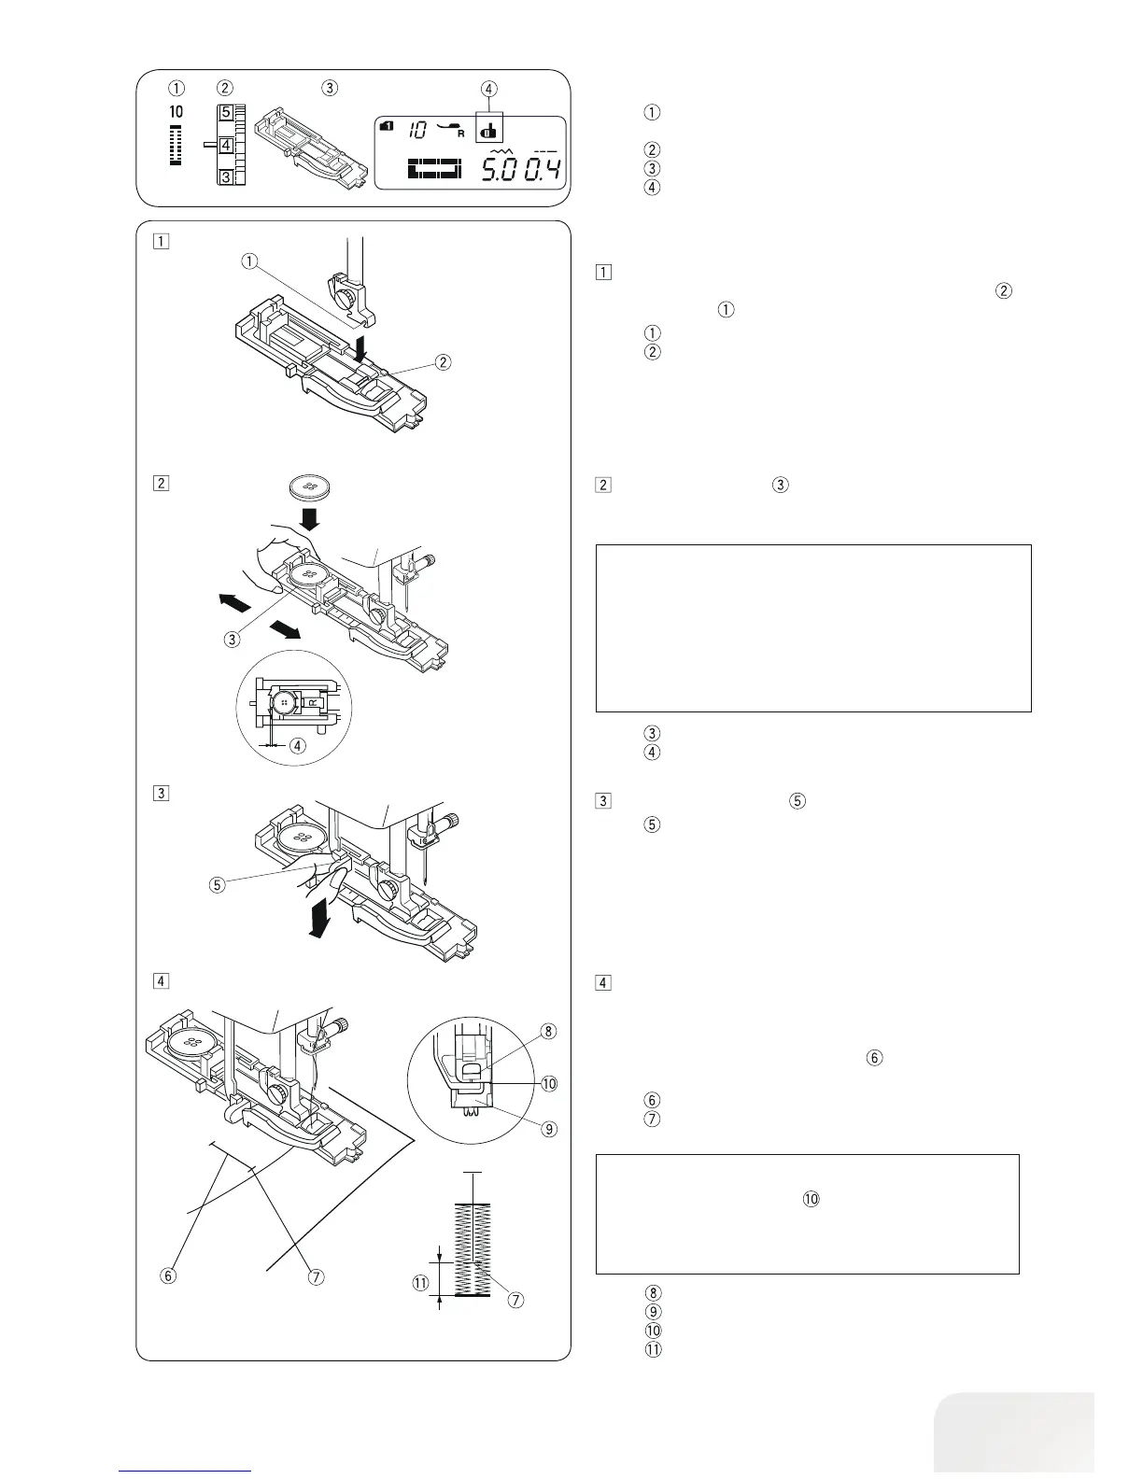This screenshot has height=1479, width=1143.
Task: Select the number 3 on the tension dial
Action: [226, 176]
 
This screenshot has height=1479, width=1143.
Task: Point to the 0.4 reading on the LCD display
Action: [543, 170]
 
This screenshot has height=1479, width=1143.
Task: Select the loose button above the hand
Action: [313, 486]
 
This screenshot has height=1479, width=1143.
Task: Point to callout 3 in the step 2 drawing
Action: [233, 640]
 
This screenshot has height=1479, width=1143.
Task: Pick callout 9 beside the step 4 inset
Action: [549, 1128]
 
